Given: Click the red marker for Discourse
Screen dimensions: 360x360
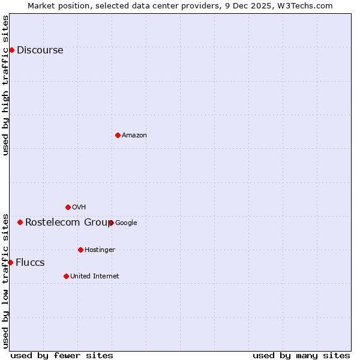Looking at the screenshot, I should pyautogui.click(x=11, y=50).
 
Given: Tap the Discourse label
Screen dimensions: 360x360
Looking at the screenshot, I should pyautogui.click(x=40, y=50).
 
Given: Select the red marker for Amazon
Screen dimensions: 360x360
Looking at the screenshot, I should pyautogui.click(x=118, y=135).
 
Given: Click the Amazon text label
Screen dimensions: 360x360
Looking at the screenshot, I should pyautogui.click(x=134, y=136).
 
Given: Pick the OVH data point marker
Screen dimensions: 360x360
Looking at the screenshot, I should pyautogui.click(x=68, y=207).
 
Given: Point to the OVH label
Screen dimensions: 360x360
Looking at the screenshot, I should pyautogui.click(x=79, y=208).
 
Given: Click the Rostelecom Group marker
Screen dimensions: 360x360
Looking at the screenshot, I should pyautogui.click(x=20, y=222).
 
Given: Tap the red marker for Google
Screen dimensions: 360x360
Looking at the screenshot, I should pyautogui.click(x=111, y=223).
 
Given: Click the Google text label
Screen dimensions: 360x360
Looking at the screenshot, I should pyautogui.click(x=126, y=223).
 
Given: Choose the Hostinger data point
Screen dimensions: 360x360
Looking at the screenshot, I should pyautogui.click(x=80, y=250).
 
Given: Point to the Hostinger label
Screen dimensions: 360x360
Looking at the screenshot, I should pyautogui.click(x=100, y=250).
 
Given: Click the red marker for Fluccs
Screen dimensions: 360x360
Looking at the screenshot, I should pyautogui.click(x=10, y=262).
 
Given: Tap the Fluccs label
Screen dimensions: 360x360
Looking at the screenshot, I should pyautogui.click(x=30, y=263).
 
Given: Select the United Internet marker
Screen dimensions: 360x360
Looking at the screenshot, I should pyautogui.click(x=66, y=276).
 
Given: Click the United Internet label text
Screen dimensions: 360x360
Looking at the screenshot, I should pyautogui.click(x=94, y=277).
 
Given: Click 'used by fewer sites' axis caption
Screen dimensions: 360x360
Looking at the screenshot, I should pyautogui.click(x=62, y=355).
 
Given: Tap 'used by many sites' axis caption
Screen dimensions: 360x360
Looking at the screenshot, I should pyautogui.click(x=301, y=355).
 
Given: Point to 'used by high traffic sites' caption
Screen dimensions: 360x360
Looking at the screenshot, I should pyautogui.click(x=5, y=85).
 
